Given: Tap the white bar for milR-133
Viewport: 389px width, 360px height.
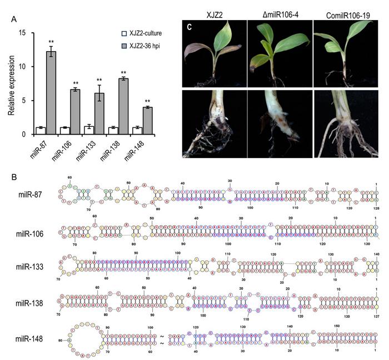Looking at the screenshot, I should pyautogui.click(x=87, y=130).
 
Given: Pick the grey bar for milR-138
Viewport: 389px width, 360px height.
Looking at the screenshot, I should pyautogui.click(x=123, y=106).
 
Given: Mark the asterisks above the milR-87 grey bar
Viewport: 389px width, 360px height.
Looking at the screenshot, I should pyautogui.click(x=52, y=42).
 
